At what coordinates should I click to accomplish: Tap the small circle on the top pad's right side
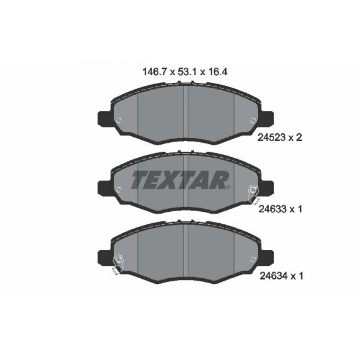pyautogui.click(x=252, y=121)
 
